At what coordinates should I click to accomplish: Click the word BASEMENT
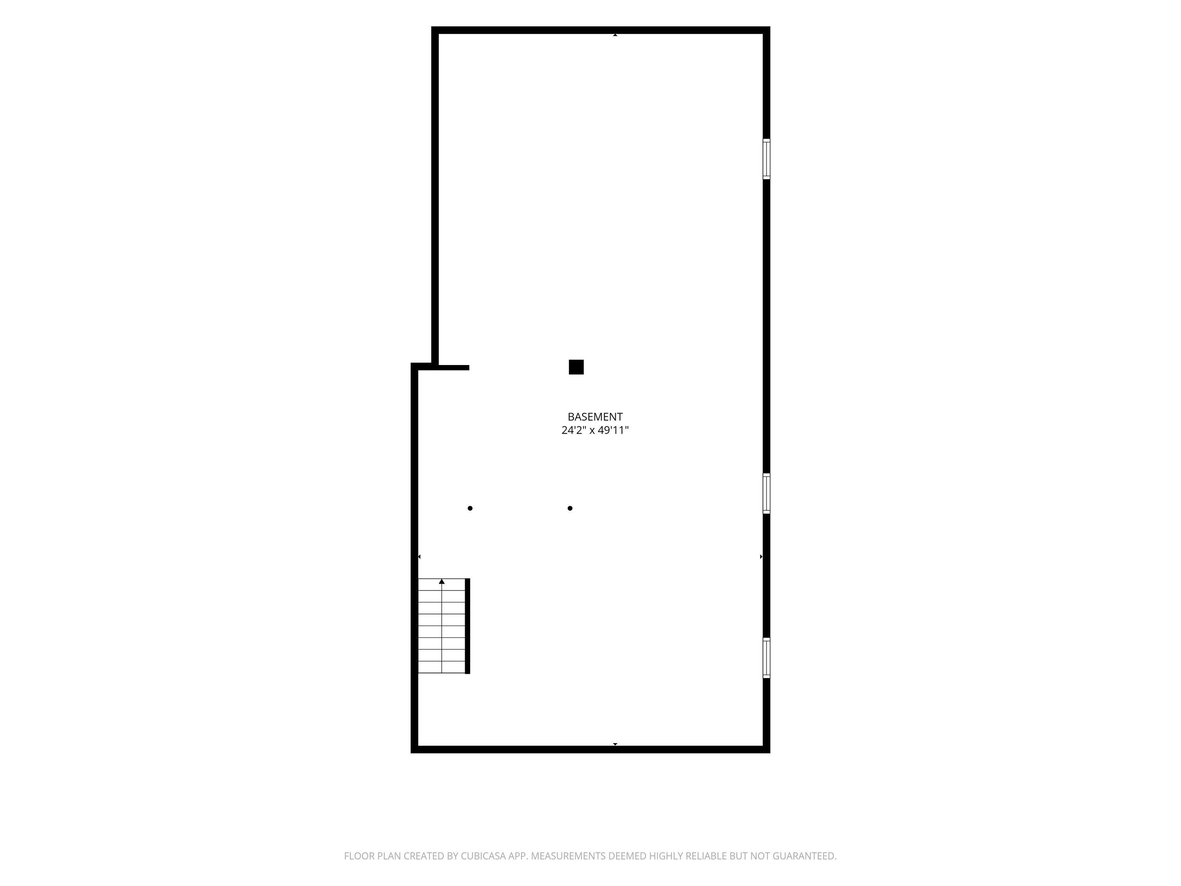click(595, 417)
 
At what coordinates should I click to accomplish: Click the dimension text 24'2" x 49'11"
click(595, 430)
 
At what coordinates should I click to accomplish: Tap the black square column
click(576, 367)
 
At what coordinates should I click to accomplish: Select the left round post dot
click(470, 508)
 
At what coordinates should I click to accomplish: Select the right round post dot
click(570, 508)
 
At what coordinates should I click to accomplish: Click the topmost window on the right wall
click(766, 159)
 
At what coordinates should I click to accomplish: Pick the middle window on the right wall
click(766, 493)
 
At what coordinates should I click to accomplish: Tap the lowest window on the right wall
click(766, 658)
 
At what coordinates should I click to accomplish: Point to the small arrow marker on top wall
click(615, 35)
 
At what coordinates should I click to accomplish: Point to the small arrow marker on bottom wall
click(615, 744)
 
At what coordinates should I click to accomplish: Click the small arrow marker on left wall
click(419, 556)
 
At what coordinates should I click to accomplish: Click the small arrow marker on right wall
click(761, 556)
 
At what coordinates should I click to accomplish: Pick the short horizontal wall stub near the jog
click(453, 367)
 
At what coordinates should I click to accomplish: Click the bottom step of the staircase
click(442, 667)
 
